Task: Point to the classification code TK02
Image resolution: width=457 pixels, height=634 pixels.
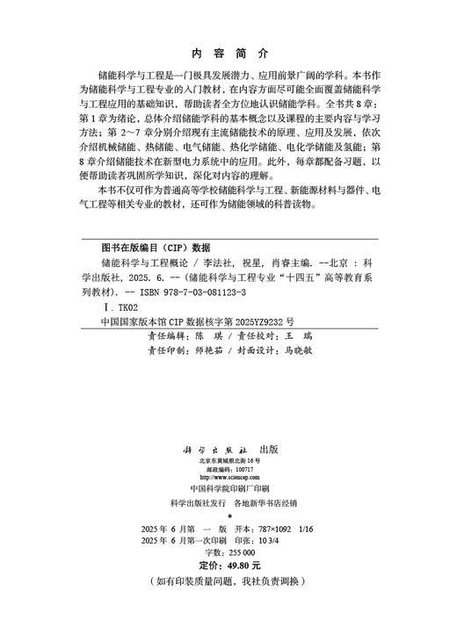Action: coord(124,308)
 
